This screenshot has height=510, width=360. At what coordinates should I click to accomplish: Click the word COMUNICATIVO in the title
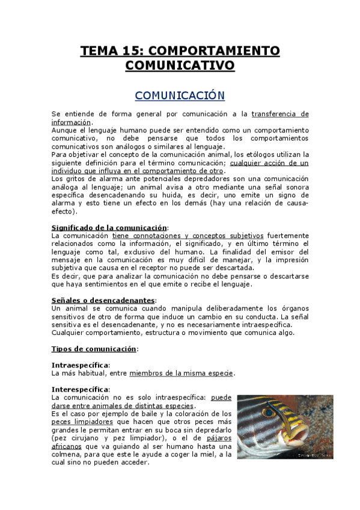pyautogui.click(x=180, y=65)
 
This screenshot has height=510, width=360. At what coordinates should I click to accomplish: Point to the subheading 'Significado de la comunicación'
pyautogui.click(x=109, y=227)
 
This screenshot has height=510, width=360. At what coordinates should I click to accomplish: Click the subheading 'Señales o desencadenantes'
pyautogui.click(x=103, y=300)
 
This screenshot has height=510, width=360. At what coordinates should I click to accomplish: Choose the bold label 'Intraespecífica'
pyautogui.click(x=81, y=365)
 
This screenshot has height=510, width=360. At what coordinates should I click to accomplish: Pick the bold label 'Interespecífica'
pyautogui.click(x=81, y=389)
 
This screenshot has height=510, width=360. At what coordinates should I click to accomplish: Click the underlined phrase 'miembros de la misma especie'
pyautogui.click(x=181, y=373)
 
